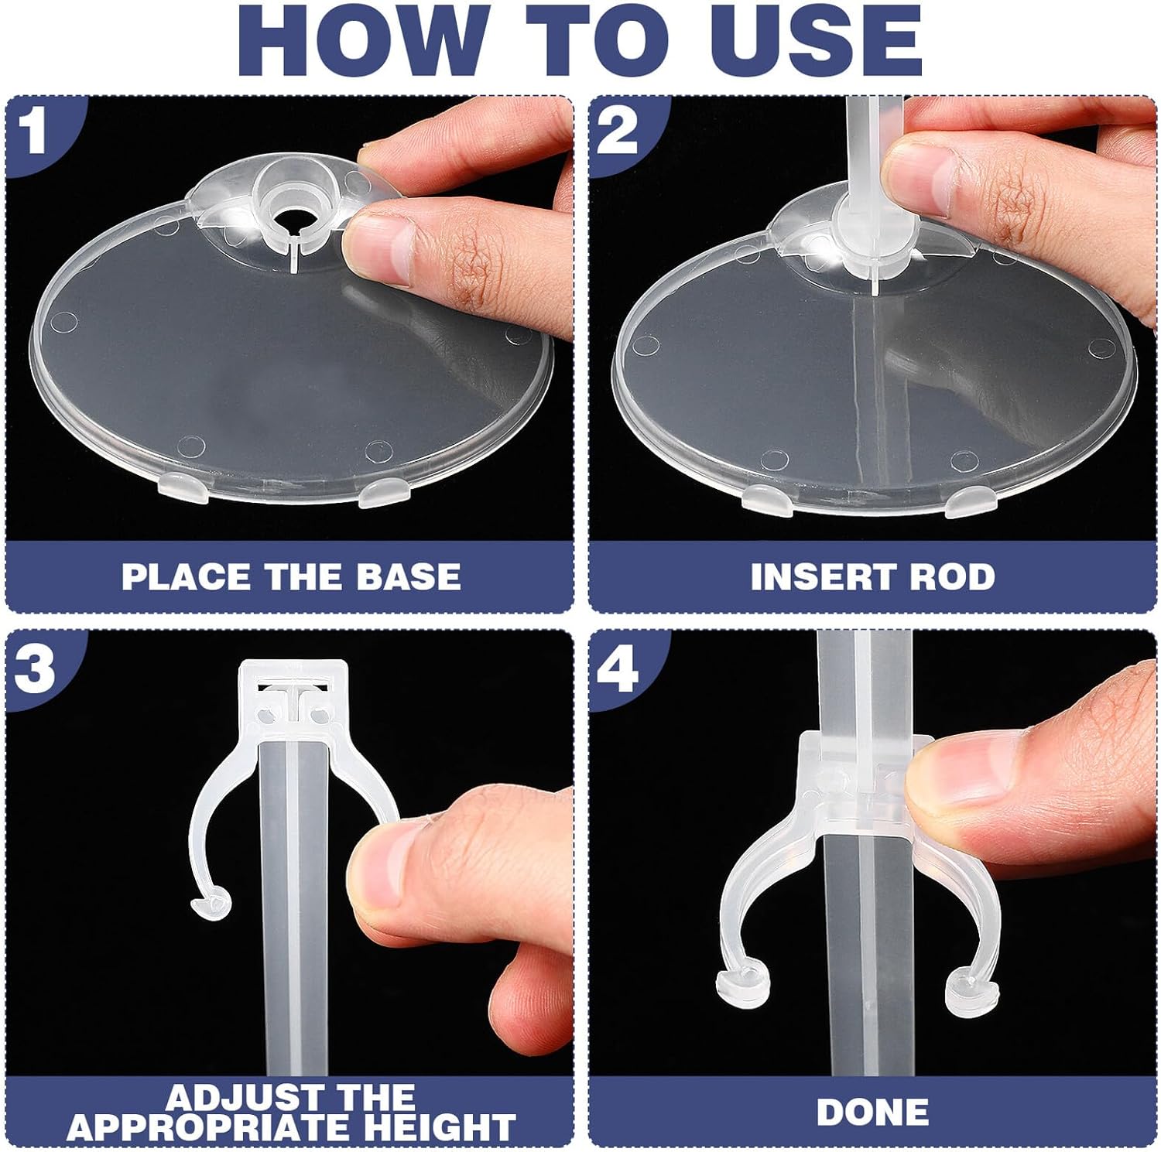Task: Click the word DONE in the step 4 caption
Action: tap(872, 1112)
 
